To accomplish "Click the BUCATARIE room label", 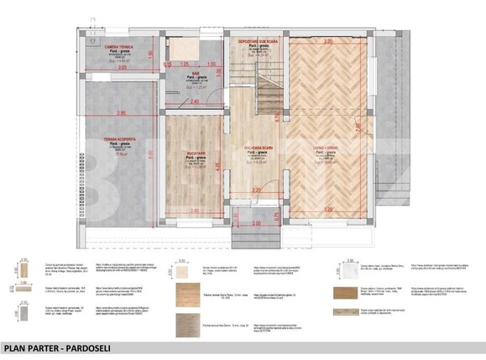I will coord(196,154).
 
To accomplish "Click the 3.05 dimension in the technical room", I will coord(123,68).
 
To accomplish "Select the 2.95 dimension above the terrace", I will coord(121,112).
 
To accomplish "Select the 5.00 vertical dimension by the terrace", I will coord(152,154).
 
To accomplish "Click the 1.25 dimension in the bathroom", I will coord(181,64).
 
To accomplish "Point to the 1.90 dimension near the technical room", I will coord(151,55).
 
